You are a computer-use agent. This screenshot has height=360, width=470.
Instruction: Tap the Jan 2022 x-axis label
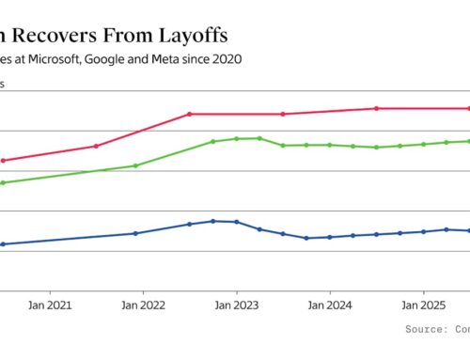pyautogui.click(x=141, y=305)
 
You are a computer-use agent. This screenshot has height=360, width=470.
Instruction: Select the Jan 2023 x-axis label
pyautogui.click(x=236, y=305)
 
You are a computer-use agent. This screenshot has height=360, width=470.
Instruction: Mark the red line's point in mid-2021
pyautogui.click(x=96, y=146)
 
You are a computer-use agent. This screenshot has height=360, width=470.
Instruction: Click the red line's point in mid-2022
pyautogui.click(x=190, y=114)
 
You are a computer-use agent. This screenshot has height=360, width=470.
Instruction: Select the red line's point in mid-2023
pyautogui.click(x=283, y=114)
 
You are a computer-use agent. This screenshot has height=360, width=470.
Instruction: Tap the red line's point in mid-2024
pyautogui.click(x=377, y=108)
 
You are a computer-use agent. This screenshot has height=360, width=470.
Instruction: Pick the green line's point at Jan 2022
pyautogui.click(x=135, y=165)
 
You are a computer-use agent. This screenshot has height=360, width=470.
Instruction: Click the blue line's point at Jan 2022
pyautogui.click(x=135, y=233)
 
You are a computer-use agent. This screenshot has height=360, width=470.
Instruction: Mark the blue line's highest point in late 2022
pyautogui.click(x=213, y=221)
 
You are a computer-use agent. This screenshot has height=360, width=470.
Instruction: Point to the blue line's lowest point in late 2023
pyautogui.click(x=306, y=238)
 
